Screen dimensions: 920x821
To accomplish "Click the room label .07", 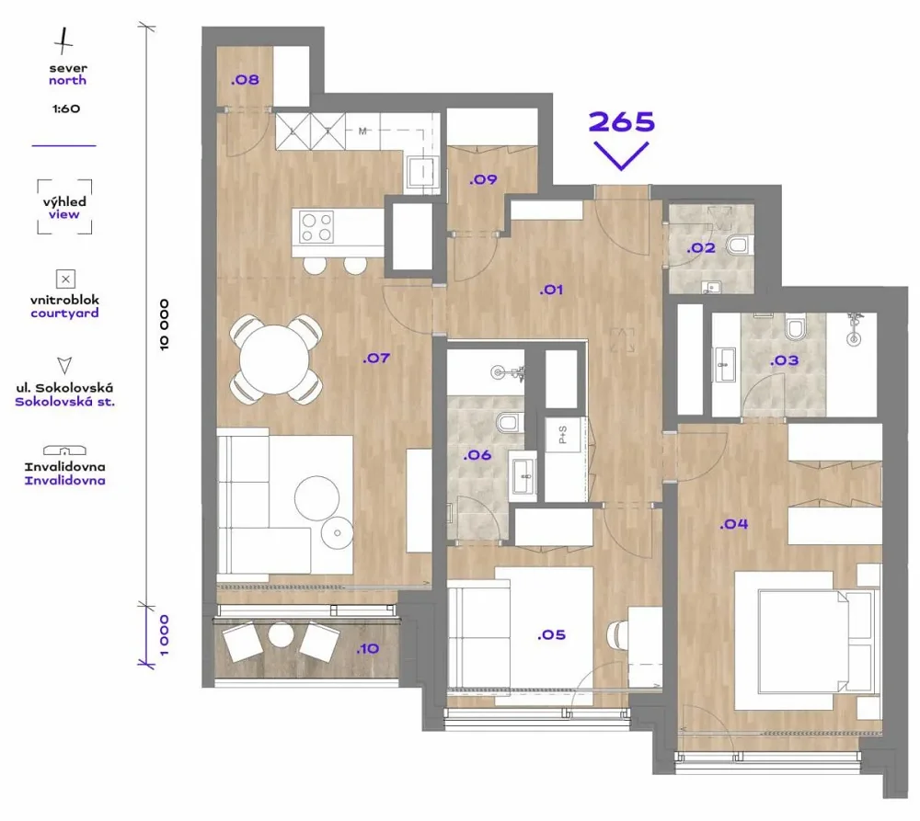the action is point(376,358).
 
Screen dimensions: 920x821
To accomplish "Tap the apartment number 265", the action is point(621,122).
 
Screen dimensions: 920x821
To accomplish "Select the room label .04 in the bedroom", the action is point(734,524).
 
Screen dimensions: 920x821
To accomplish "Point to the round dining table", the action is point(275,359).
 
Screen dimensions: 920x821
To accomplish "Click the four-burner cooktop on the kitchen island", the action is point(316,227).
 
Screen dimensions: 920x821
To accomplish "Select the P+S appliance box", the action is point(563,435).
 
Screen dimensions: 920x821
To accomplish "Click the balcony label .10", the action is point(368,648).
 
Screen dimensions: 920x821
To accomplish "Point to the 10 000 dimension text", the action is point(165,325).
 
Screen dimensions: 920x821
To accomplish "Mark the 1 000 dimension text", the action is point(165,635).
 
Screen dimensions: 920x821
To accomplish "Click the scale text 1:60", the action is point(65,108).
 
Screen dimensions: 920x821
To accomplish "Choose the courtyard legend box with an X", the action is point(65,279).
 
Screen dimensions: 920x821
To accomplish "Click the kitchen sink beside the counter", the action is point(422,172).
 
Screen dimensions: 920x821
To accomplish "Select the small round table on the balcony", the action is point(281,634).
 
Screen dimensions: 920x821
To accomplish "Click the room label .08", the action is point(245,80).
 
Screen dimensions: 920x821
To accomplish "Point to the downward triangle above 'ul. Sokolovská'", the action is point(64,365).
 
